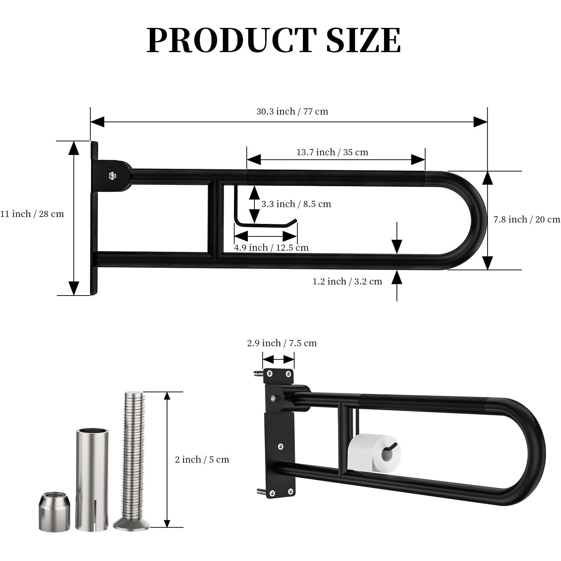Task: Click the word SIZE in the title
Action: click(x=363, y=40)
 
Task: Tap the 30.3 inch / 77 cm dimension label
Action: click(x=292, y=112)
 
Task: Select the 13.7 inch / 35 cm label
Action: click(x=332, y=152)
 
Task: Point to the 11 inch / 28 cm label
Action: click(x=32, y=214)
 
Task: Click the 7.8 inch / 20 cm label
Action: click(x=526, y=220)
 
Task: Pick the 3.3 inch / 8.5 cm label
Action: click(x=296, y=204)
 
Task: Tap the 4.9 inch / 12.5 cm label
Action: click(x=271, y=248)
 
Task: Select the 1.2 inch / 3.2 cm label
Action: click(x=347, y=282)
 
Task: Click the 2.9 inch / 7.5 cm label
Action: click(x=282, y=343)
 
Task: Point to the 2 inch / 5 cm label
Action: click(x=202, y=460)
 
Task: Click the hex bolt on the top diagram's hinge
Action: click(x=112, y=176)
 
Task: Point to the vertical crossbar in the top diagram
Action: click(x=214, y=218)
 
